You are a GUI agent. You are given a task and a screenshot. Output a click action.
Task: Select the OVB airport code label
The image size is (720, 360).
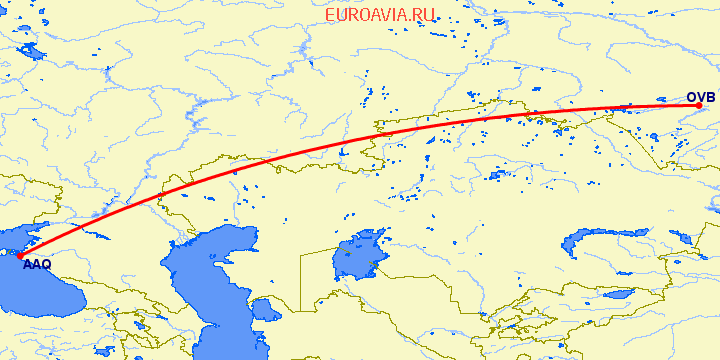pos(700,97)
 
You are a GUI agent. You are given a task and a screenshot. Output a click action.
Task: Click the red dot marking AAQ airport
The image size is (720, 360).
pos(19,257)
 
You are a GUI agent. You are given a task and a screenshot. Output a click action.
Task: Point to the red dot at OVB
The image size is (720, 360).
pos(699,107)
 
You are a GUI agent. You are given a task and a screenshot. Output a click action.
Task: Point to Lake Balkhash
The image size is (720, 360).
pos(600,240)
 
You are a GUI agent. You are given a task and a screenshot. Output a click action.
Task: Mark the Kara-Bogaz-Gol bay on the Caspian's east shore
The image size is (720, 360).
pos(263,304)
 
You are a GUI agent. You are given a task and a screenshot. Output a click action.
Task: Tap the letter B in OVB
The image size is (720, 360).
pos(710,97)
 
